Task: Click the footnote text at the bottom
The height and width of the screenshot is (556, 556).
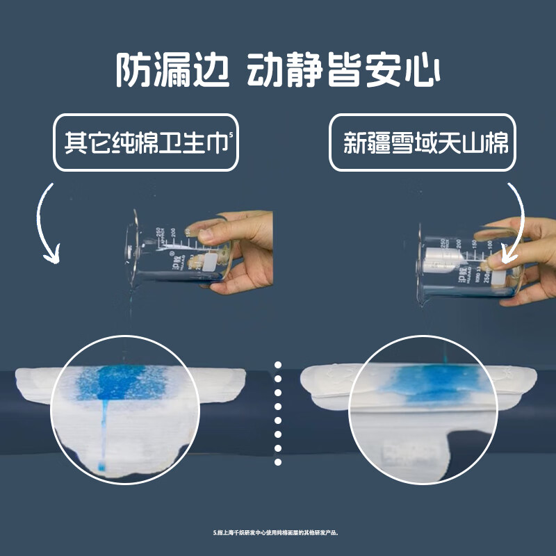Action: click(x=277, y=533)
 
